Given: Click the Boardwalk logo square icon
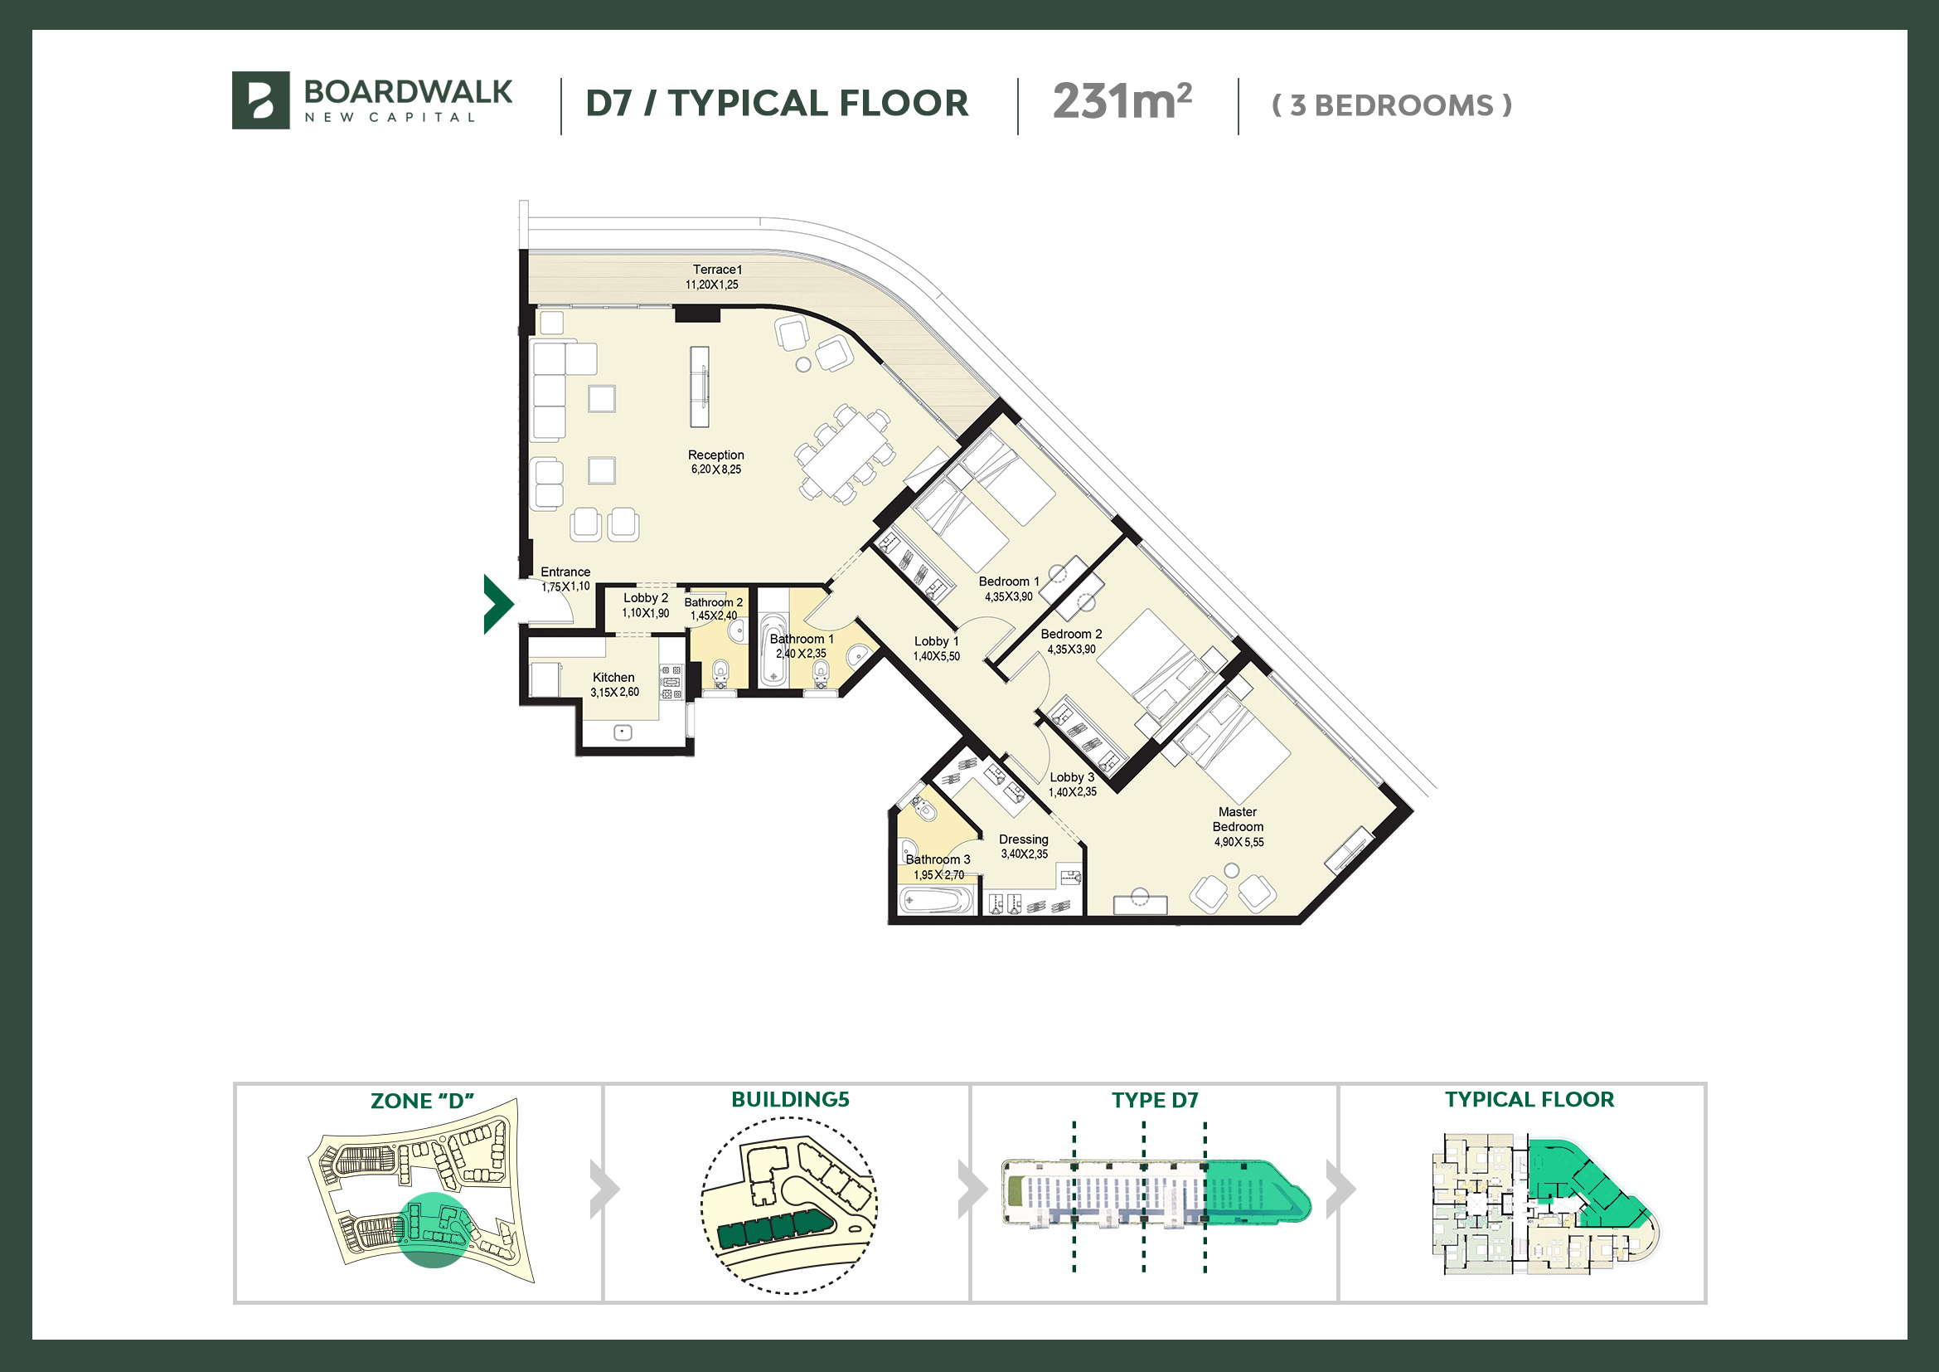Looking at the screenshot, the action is pyautogui.click(x=261, y=100).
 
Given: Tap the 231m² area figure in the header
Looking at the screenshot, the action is pyautogui.click(x=1122, y=102).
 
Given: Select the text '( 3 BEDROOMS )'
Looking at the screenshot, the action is pyautogui.click(x=1392, y=105).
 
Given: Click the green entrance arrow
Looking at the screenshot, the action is pyautogui.click(x=498, y=604).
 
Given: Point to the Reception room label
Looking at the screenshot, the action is pyautogui.click(x=716, y=455).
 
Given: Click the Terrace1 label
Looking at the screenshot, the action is pyautogui.click(x=718, y=270).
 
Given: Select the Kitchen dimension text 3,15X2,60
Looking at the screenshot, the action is pyautogui.click(x=615, y=693).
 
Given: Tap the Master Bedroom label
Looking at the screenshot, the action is pyautogui.click(x=1238, y=820).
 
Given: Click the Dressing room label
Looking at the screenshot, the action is pyautogui.click(x=1024, y=839).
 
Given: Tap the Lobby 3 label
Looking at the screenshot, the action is pyautogui.click(x=1073, y=777).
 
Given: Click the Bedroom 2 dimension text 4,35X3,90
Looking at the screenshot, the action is pyautogui.click(x=1072, y=650).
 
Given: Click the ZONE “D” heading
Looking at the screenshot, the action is pyautogui.click(x=422, y=1101).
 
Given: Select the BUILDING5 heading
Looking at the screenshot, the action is pyautogui.click(x=791, y=1099).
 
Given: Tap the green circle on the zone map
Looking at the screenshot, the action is pyautogui.click(x=433, y=1230).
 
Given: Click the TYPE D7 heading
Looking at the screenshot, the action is pyautogui.click(x=1156, y=1100).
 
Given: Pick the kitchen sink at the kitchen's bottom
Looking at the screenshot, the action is pyautogui.click(x=623, y=732).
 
